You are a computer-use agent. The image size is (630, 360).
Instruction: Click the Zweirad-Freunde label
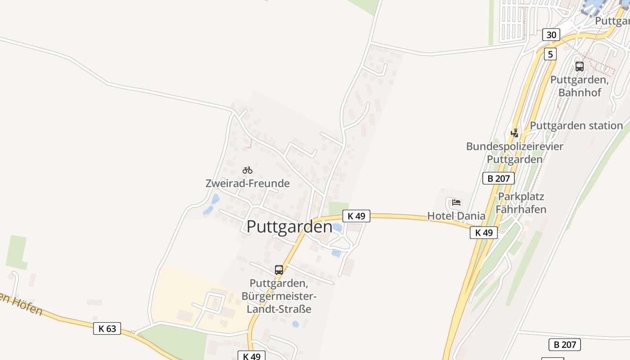click(x=247, y=184)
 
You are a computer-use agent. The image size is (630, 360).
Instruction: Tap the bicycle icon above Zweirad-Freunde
click(x=247, y=170)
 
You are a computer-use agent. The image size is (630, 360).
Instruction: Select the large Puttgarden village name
click(x=289, y=226)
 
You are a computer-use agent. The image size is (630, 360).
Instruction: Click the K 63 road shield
click(x=107, y=328)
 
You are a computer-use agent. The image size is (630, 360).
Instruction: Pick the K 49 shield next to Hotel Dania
click(x=484, y=233)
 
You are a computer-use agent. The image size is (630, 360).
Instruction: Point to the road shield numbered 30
click(x=551, y=35)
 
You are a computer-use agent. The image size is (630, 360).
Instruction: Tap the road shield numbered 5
click(x=550, y=54)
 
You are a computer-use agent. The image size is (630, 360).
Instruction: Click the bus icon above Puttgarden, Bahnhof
click(x=580, y=67)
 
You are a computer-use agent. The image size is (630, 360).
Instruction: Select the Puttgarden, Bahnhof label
click(x=580, y=86)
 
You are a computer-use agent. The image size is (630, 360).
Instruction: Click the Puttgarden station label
click(x=576, y=126)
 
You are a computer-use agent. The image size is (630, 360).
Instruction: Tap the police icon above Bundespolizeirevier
click(x=514, y=133)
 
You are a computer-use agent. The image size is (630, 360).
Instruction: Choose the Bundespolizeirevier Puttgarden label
click(x=515, y=153)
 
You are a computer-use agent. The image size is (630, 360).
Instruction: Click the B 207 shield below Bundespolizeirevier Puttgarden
click(x=499, y=178)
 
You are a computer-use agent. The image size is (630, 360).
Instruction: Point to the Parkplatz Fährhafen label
click(x=521, y=203)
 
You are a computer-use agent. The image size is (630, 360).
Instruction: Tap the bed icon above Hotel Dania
click(x=456, y=202)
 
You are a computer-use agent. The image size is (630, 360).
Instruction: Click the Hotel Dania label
click(x=456, y=216)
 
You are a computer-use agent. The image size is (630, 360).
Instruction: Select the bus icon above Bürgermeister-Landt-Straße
click(x=279, y=270)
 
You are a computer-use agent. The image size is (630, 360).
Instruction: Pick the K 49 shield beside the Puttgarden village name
click(x=356, y=216)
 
